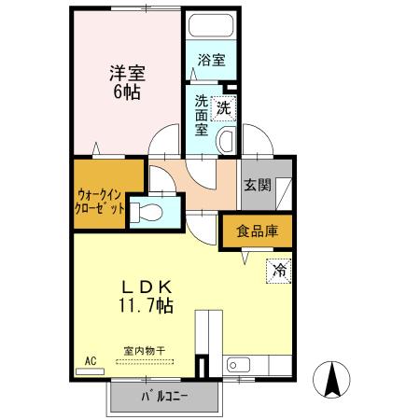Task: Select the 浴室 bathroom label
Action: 211,61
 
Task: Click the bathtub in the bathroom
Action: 211,27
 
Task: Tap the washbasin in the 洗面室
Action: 226,142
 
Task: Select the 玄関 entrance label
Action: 258,185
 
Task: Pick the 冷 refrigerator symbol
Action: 279,272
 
